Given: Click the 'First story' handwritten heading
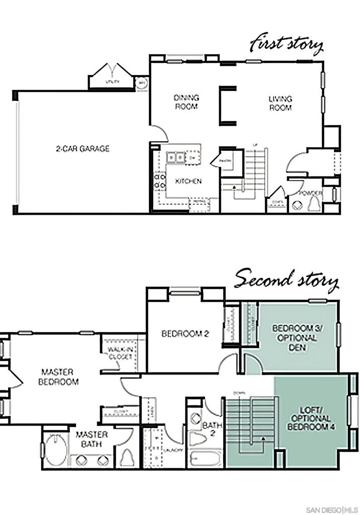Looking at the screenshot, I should tap(287, 46).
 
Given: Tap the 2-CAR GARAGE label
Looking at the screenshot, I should tap(82, 149).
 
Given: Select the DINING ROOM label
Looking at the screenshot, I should tap(186, 102).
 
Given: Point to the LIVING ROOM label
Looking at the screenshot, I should tap(280, 103).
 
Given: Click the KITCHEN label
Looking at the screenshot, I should tap(188, 181).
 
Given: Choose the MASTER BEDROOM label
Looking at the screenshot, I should tap(60, 376).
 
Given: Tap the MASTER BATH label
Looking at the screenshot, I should tap(92, 439).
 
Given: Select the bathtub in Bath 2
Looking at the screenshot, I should tap(205, 459).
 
